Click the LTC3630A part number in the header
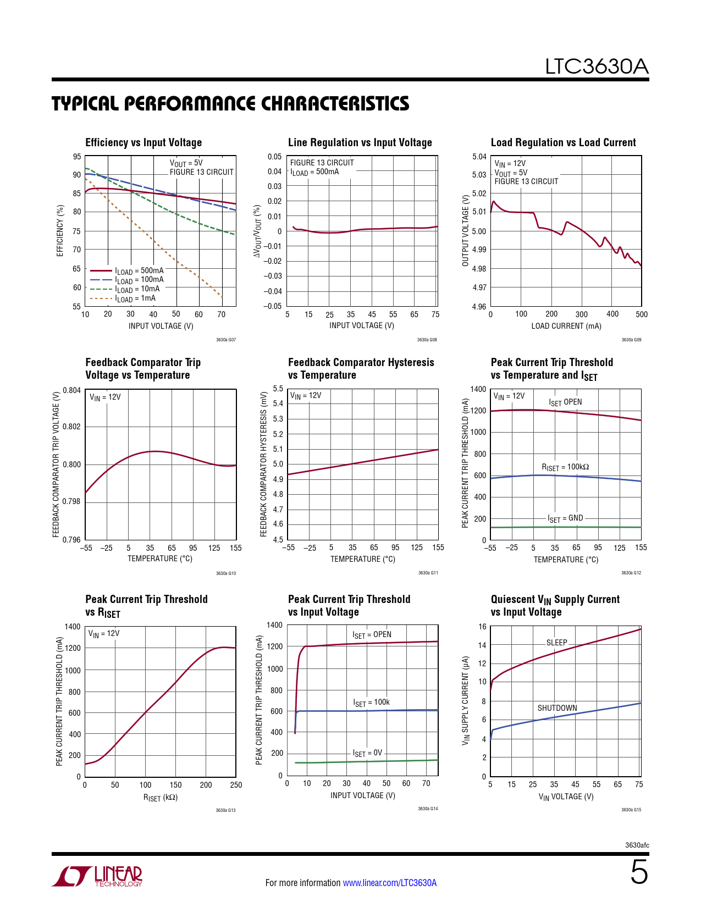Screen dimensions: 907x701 tap(597, 67)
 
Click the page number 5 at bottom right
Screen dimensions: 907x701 tap(639, 872)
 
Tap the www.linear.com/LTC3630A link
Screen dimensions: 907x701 tap(390, 883)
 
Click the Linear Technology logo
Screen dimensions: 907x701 tap(97, 876)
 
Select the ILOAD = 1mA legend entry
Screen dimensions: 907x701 tap(135, 298)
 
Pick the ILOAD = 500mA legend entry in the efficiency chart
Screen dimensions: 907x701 tap(139, 270)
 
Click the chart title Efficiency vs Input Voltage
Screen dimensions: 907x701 tap(143, 142)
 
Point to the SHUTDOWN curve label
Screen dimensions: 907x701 tap(557, 708)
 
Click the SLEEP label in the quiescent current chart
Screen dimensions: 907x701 tap(556, 642)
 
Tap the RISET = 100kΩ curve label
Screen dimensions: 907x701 tap(565, 467)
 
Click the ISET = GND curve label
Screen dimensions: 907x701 tap(565, 518)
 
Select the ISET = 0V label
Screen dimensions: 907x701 tap(367, 753)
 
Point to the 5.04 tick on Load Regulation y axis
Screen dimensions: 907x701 tap(479, 157)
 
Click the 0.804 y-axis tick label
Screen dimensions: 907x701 tap(72, 390)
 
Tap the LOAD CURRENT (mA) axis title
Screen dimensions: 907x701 tap(566, 326)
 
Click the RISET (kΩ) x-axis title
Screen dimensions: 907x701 tap(160, 798)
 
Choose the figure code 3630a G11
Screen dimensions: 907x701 tap(428, 573)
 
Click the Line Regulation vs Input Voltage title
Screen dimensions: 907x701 tap(360, 142)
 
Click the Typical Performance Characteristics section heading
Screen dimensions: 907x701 tap(230, 103)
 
